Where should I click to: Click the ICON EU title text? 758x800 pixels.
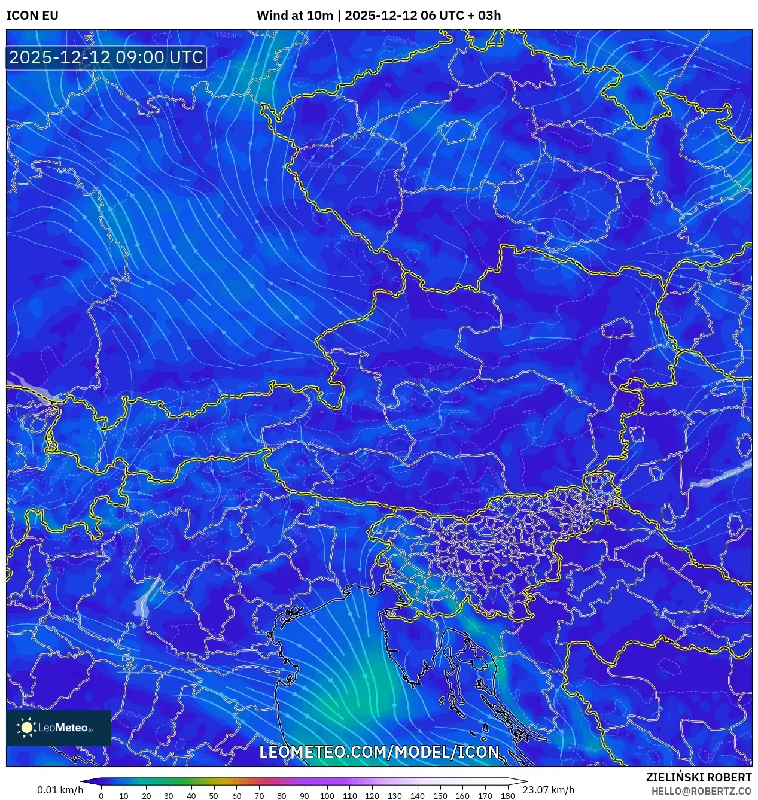coord(32,15)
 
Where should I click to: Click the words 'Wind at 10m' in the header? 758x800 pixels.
coord(294,15)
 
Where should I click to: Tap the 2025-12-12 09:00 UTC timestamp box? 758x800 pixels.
coord(106,57)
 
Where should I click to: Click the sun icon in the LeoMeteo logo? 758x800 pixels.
coord(26,727)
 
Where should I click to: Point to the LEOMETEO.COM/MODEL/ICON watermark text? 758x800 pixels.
coord(379,752)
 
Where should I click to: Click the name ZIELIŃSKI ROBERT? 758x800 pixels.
coord(699,777)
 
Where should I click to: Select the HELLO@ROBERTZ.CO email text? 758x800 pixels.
coord(701,790)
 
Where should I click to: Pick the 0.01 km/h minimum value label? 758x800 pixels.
coord(60,790)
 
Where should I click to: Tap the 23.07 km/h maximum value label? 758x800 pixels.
coord(548,790)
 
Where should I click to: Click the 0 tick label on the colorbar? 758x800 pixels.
coord(101,796)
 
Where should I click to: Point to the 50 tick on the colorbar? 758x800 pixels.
coord(214,796)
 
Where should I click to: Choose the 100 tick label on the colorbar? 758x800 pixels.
coord(327,796)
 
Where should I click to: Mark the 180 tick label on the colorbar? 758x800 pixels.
coord(507,796)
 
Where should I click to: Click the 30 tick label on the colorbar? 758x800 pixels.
coord(169,796)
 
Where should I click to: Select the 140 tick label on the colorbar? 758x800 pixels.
coord(417,796)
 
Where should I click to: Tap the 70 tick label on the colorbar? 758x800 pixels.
coord(259,796)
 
